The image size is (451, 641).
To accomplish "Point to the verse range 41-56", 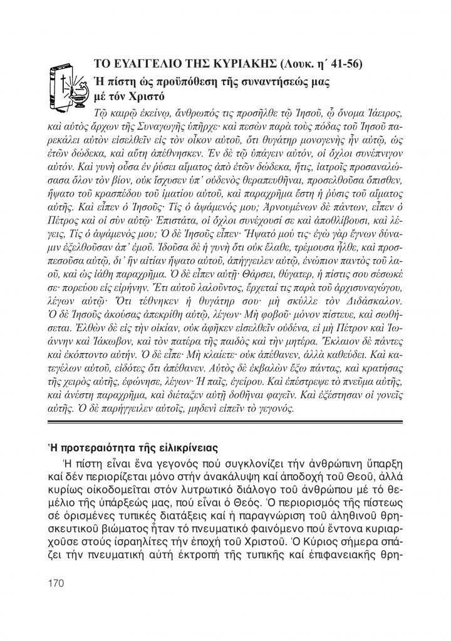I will [348, 64].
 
